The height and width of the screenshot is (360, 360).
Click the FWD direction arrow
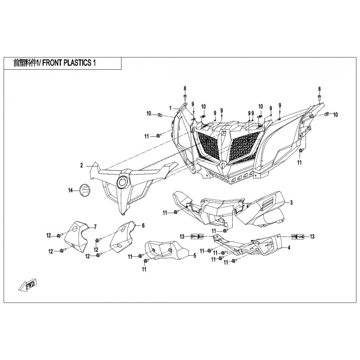tap(28, 285)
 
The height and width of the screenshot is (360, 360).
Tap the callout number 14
tap(71, 190)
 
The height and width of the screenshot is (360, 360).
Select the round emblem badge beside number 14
tap(85, 190)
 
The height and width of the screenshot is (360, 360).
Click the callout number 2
tap(81, 165)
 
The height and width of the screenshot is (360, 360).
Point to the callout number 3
tap(291, 202)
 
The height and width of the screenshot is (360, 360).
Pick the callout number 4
tap(289, 248)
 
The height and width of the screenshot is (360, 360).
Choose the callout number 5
tap(195, 256)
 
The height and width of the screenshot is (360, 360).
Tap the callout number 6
tap(143, 226)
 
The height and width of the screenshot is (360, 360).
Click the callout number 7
tap(95, 227)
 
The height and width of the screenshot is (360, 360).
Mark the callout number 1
tap(171, 108)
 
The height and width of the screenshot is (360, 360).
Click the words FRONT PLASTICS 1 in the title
tap(69, 63)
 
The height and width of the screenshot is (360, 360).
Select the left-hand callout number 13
tap(182, 237)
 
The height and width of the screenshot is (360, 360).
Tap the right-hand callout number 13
tap(312, 237)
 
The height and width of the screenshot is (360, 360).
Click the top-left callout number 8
tap(185, 88)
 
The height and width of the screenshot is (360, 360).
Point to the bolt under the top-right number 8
tap(319, 97)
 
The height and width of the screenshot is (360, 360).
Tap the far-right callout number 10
tap(335, 115)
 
